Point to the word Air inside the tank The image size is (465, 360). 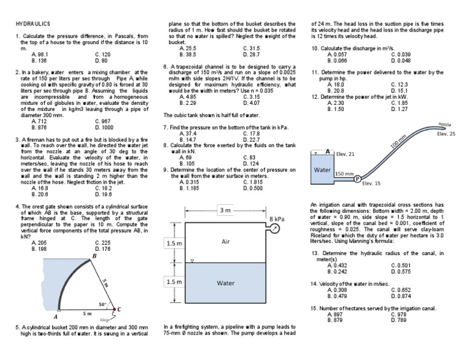tap(226, 241)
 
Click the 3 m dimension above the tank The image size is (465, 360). tap(225, 210)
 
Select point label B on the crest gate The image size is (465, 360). tap(94, 257)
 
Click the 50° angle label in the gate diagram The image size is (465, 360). tap(102, 304)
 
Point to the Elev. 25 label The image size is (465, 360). tap(446, 134)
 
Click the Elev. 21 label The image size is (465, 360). tap(345, 154)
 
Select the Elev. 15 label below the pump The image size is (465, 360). tap(371, 183)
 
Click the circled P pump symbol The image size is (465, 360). tap(357, 178)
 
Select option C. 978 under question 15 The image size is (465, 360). tap(398, 315)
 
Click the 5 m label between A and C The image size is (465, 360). tap(87, 313)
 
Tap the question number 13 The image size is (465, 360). tap(315, 253)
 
